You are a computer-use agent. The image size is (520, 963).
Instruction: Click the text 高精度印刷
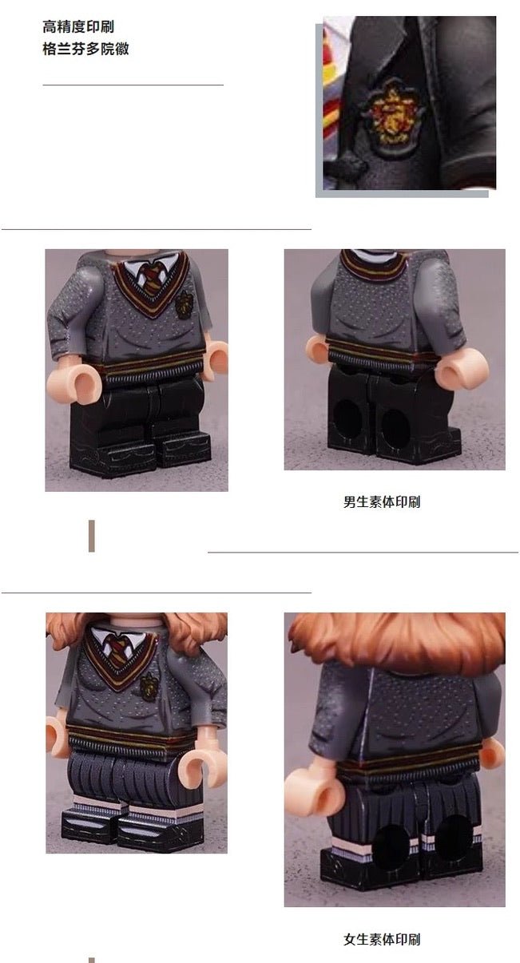[x=77, y=26]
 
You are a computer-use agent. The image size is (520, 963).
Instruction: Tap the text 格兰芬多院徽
[x=85, y=49]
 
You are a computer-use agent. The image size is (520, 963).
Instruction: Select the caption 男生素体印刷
[x=382, y=501]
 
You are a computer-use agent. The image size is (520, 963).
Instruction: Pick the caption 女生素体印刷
[x=382, y=939]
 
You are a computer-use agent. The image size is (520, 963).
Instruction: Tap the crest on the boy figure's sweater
[x=184, y=305]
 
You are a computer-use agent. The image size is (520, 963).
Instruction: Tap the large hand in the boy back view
[x=463, y=372]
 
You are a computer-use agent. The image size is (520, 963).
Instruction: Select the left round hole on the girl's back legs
[x=389, y=842]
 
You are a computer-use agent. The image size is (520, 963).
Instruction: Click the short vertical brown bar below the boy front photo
[x=92, y=536]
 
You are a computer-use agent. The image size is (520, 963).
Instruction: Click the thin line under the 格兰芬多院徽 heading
[x=133, y=85]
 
